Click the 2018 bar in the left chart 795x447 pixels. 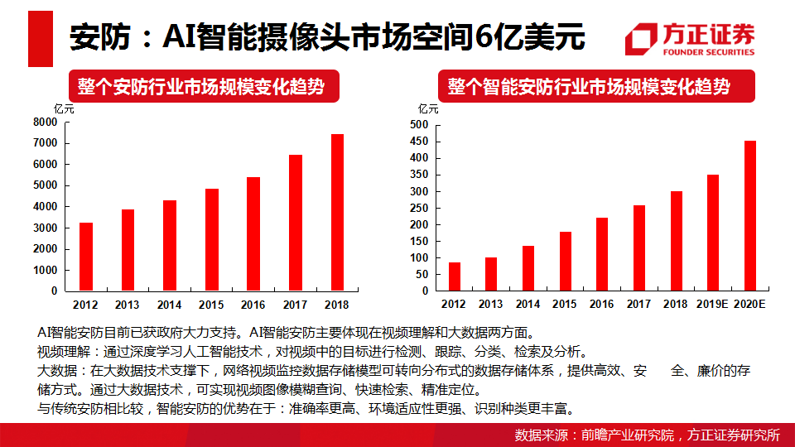(x=337, y=213)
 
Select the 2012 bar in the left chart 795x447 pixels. (x=85, y=257)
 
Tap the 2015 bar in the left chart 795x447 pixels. (x=211, y=240)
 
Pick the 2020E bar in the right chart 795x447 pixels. (x=750, y=216)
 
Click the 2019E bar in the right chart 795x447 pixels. (x=712, y=233)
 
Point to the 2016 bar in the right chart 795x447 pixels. (x=602, y=254)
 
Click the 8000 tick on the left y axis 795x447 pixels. (x=46, y=123)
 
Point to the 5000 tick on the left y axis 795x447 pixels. (x=46, y=185)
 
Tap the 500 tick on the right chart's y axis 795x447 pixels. (x=420, y=125)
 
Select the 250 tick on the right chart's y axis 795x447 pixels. (x=420, y=208)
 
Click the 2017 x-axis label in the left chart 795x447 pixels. (x=295, y=305)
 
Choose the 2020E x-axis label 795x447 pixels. (x=750, y=305)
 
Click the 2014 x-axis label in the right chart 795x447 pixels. (x=528, y=305)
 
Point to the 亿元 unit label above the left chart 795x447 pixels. (x=64, y=108)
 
